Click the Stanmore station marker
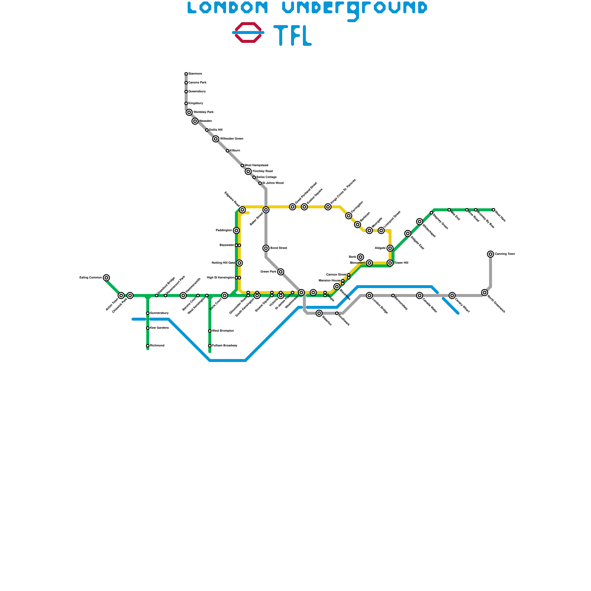[x=186, y=74]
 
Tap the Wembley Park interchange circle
[x=189, y=112]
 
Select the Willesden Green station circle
[x=216, y=139]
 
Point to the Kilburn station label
[x=235, y=151]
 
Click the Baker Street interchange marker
[x=266, y=210]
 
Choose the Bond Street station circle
[x=266, y=248]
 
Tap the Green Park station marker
[x=281, y=272]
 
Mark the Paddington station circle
[x=236, y=230]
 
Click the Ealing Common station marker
[x=106, y=278]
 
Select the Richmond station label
[x=157, y=346]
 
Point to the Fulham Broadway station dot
[x=210, y=346]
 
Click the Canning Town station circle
[x=491, y=254]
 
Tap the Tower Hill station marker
[x=390, y=263]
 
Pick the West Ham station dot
[x=493, y=210]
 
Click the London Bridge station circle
[x=369, y=295]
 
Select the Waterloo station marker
[x=319, y=313]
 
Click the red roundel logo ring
[x=248, y=24]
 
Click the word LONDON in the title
[x=227, y=7]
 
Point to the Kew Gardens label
[x=159, y=328]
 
